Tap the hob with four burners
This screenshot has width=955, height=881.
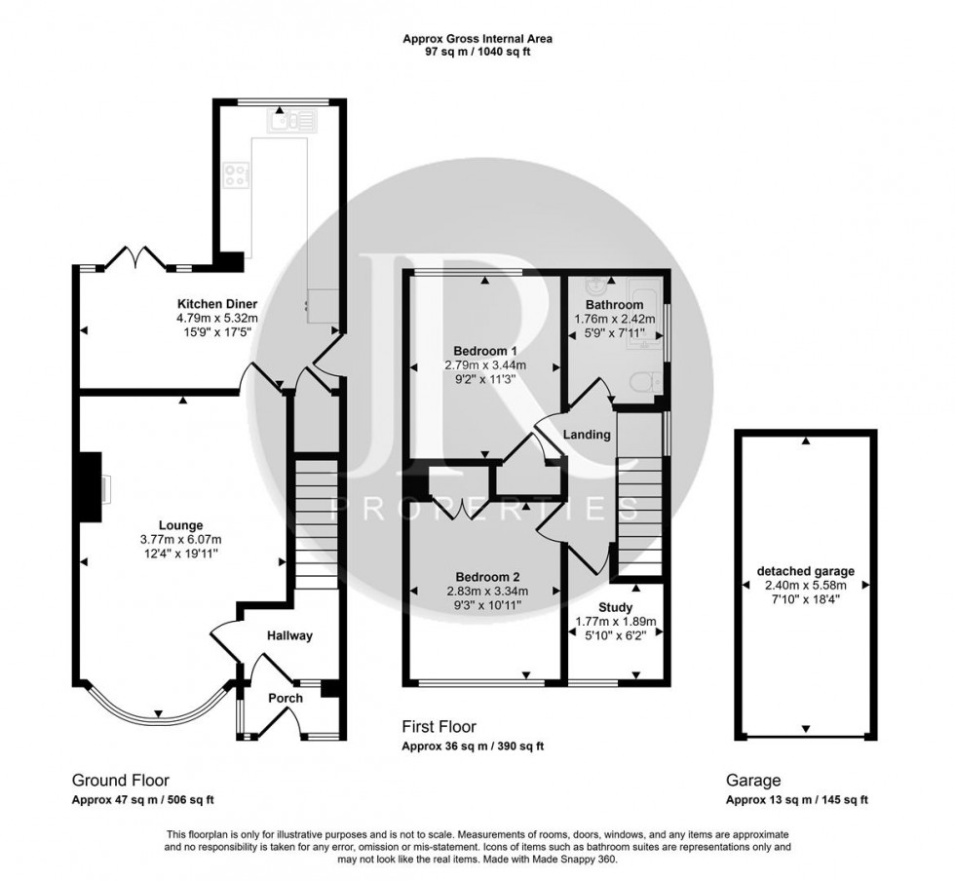pyautogui.click(x=237, y=176)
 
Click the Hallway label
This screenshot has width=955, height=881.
pyautogui.click(x=289, y=636)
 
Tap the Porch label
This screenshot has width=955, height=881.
pyautogui.click(x=286, y=698)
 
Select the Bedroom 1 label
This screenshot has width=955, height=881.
pyautogui.click(x=485, y=351)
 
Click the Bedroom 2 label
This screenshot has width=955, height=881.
pyautogui.click(x=485, y=575)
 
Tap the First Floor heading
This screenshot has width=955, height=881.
pyautogui.click(x=439, y=726)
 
